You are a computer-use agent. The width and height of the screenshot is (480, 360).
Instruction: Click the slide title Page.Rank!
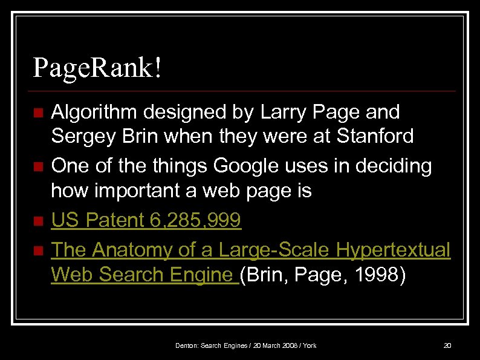97,68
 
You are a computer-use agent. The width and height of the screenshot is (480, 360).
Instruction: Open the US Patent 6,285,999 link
146,221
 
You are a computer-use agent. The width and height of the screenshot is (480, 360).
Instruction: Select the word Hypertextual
394,249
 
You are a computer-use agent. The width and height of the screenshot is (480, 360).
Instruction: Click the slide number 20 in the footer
447,345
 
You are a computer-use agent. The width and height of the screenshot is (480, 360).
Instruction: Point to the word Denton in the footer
186,345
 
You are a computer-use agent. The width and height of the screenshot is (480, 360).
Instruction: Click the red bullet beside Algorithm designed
38,113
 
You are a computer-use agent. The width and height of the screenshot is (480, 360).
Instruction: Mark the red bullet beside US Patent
38,222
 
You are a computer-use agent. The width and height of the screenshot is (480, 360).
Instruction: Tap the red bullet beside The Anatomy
38,250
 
